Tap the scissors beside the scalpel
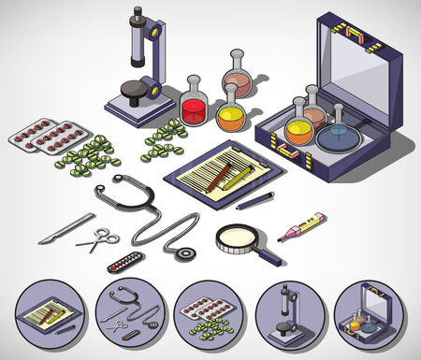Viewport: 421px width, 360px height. pyautogui.click(x=97, y=242)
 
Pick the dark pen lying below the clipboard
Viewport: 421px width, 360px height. pyautogui.click(x=254, y=200)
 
